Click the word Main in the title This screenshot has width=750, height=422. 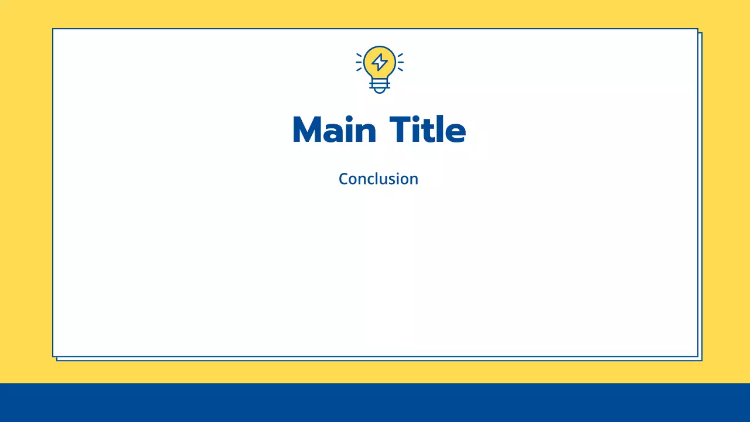[334, 130]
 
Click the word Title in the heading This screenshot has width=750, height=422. [427, 130]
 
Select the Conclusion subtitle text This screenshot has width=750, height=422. [379, 179]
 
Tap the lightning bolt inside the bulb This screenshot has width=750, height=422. [380, 62]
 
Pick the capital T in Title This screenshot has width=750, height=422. [401, 130]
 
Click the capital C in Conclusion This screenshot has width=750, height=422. [344, 179]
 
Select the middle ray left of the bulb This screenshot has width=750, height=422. [359, 62]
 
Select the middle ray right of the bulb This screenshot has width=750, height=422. [401, 62]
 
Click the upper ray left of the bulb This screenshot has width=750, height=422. [359, 55]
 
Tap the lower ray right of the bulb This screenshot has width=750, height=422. [400, 69]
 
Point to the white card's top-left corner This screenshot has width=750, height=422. [53, 29]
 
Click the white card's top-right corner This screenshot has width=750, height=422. [697, 29]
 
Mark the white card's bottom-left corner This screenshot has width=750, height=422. [53, 356]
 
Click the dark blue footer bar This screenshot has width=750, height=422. [375, 403]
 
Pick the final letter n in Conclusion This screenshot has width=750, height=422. [414, 180]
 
